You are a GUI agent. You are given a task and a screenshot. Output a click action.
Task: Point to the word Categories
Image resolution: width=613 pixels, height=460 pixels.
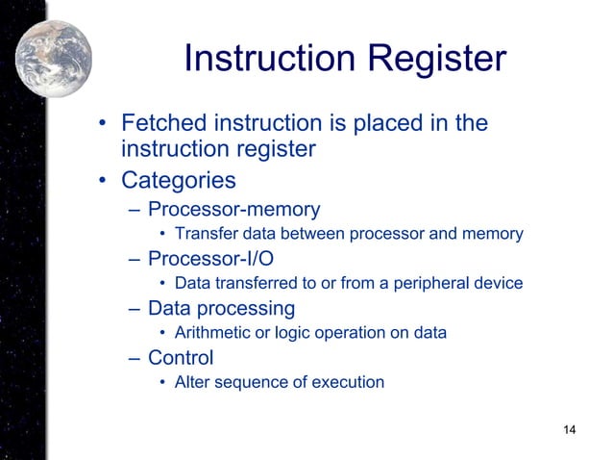point(179,181)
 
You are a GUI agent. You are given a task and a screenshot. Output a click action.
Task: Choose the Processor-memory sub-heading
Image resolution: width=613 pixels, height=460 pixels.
point(233,209)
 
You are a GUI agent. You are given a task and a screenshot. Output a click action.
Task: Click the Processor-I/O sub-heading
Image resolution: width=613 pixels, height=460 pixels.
point(210,259)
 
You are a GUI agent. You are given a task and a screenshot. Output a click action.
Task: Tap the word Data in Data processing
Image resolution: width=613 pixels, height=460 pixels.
point(169,309)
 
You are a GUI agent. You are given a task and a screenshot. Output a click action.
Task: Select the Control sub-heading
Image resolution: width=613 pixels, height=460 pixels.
point(181,359)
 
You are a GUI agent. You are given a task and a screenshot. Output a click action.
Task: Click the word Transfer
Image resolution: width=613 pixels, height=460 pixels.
point(205,234)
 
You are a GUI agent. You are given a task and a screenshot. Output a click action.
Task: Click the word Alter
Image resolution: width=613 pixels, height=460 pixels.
point(191,383)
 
